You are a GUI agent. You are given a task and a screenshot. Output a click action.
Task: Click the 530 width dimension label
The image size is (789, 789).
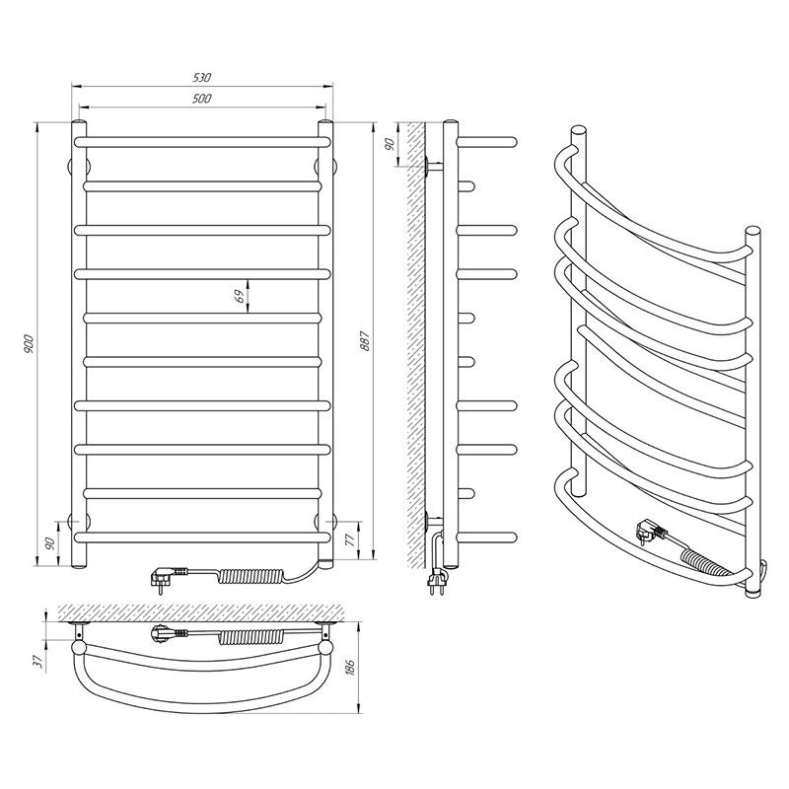pyautogui.click(x=202, y=78)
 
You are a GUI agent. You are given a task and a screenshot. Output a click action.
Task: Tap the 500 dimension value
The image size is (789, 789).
pyautogui.click(x=202, y=99)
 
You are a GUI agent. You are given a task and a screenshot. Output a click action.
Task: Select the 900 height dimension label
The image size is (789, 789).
pyautogui.click(x=29, y=343)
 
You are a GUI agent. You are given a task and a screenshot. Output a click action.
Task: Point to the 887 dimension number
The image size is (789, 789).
pyautogui.click(x=365, y=340)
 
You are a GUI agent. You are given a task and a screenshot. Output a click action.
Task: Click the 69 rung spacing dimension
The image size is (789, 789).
pyautogui.click(x=240, y=297)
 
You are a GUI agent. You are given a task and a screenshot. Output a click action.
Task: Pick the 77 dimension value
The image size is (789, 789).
pyautogui.click(x=350, y=539)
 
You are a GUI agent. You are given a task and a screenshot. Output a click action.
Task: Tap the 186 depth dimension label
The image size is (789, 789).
pyautogui.click(x=351, y=667)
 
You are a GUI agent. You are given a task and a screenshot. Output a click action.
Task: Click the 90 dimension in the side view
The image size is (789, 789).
pyautogui.click(x=389, y=144)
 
